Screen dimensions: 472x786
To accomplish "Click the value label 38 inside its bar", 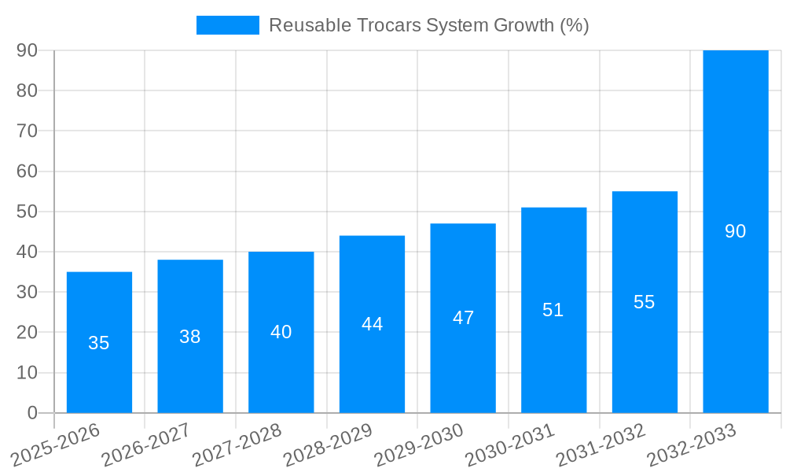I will (190, 337).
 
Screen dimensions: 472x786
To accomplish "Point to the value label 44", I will (372, 324).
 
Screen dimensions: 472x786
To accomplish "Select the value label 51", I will (553, 310).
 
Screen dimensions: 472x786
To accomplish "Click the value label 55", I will (645, 302).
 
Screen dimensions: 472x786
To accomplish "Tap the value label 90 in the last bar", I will (735, 231).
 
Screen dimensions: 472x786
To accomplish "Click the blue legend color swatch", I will (227, 25).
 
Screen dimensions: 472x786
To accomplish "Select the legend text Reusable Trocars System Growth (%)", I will (428, 25).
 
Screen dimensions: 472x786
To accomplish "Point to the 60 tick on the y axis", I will (28, 171).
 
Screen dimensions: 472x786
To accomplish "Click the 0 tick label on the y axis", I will (32, 413).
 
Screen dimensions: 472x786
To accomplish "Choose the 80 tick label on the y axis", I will (28, 90).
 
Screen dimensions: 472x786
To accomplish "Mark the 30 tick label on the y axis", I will (28, 292).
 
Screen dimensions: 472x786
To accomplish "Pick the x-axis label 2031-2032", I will (601, 445).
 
